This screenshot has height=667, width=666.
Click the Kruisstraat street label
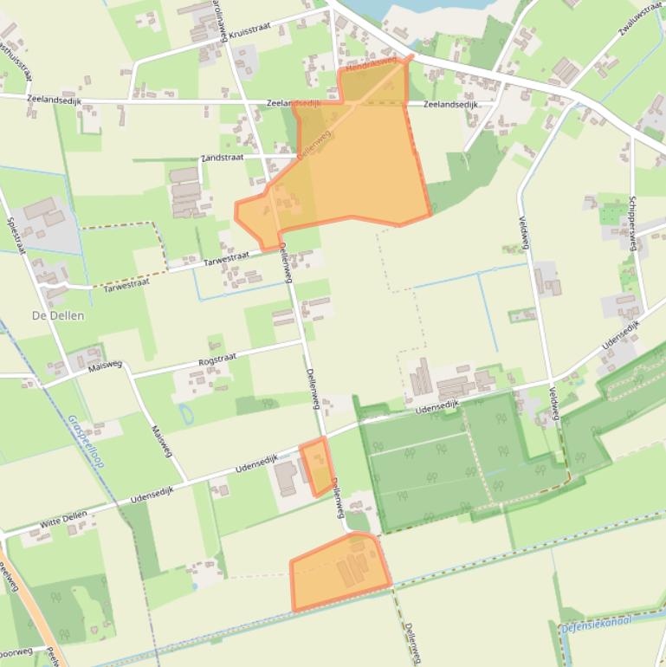pos(251,29)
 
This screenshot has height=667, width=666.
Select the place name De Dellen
pos(58,315)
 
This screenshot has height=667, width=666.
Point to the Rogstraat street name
pos(217,359)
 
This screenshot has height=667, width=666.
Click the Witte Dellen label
pos(63,520)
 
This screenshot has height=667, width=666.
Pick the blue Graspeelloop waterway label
pos(85,442)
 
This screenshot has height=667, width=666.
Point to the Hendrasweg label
pos(371,64)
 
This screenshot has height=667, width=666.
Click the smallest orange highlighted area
pos(317,466)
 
